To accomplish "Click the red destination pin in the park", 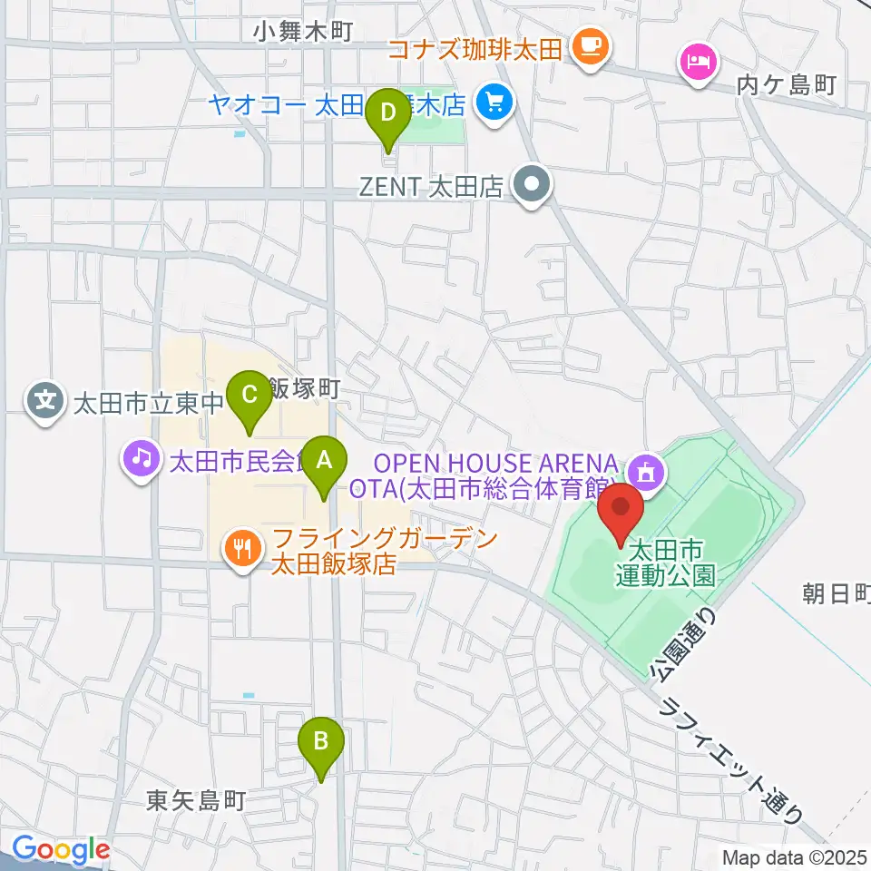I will pyautogui.click(x=621, y=511).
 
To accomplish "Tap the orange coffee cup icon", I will pyautogui.click(x=591, y=44).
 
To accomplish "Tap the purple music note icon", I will pyautogui.click(x=141, y=460).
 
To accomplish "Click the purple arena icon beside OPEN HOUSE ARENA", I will pyautogui.click(x=648, y=470).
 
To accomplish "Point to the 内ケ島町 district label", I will pyautogui.click(x=786, y=85).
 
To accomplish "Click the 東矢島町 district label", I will pyautogui.click(x=196, y=801).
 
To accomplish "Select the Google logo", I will pyautogui.click(x=60, y=850).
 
